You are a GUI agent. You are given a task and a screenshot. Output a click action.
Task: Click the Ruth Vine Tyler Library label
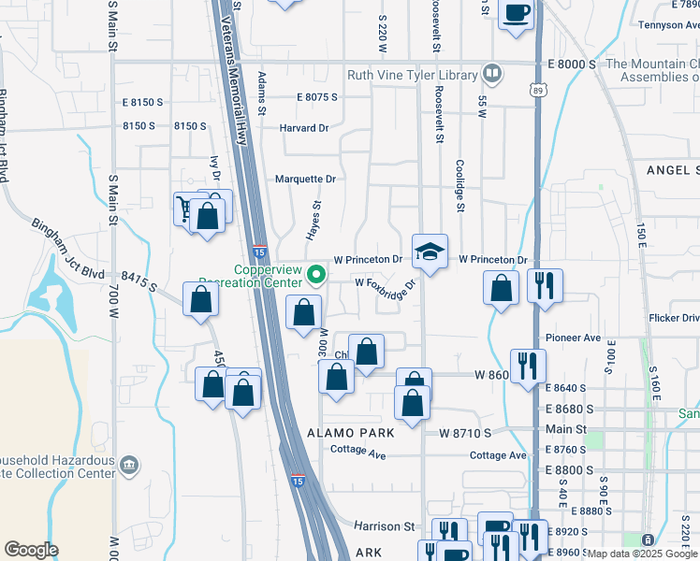[x=413, y=75]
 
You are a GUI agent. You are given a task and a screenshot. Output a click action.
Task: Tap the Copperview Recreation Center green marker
[x=316, y=275]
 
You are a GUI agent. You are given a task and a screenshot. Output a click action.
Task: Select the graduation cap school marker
[x=430, y=252]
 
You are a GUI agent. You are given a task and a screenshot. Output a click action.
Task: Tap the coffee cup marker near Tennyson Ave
[x=516, y=14]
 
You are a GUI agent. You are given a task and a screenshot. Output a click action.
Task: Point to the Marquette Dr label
[x=305, y=179]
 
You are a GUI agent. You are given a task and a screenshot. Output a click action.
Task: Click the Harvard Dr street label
[x=305, y=127]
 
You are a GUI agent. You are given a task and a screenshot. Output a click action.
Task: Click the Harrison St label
[x=384, y=526]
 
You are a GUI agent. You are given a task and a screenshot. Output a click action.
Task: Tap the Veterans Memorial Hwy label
[x=245, y=61]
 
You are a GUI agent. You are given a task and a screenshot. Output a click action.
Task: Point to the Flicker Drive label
[x=673, y=318]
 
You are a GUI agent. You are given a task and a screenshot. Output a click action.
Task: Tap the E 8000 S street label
[x=570, y=64]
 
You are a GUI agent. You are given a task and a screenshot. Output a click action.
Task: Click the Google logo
[x=31, y=550]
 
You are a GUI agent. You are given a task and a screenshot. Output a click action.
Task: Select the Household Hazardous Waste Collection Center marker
[x=129, y=463]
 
